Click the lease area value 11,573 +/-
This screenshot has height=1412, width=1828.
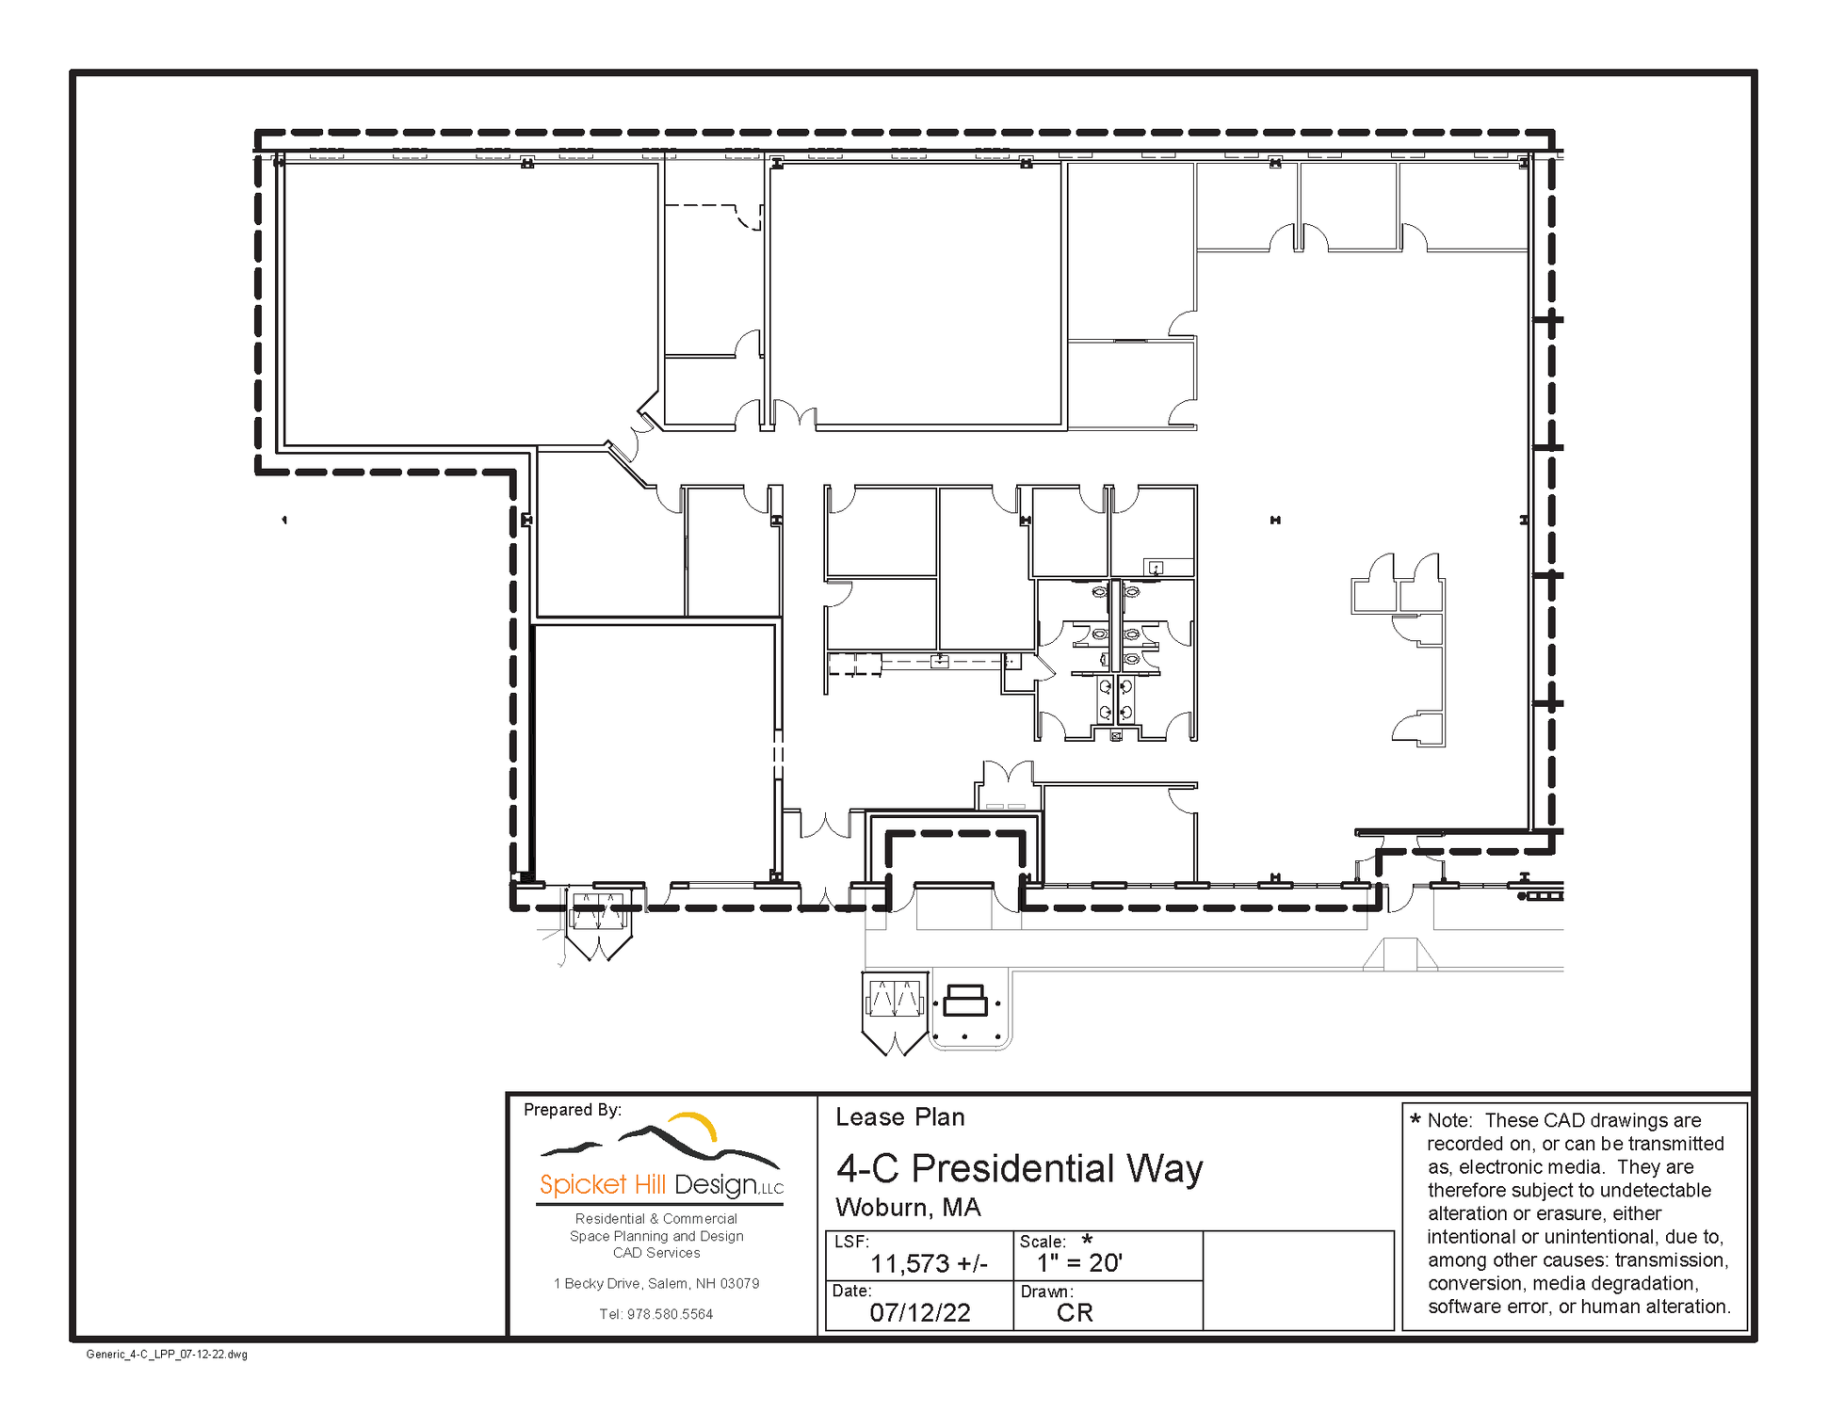929,1263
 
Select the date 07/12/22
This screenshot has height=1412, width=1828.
920,1312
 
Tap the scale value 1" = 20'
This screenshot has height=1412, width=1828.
1079,1262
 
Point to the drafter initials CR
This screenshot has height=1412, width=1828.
1075,1312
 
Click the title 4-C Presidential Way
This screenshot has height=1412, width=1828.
1020,1168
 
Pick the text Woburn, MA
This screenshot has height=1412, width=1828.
908,1207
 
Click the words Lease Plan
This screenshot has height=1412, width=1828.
900,1117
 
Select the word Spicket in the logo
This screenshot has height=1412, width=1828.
583,1184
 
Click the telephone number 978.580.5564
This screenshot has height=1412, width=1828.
670,1314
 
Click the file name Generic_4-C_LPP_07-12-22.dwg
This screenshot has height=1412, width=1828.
167,1355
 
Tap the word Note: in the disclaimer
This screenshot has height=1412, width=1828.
1448,1120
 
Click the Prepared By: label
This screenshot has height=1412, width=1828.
573,1110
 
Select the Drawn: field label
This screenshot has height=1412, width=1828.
1046,1292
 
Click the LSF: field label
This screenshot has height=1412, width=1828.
851,1242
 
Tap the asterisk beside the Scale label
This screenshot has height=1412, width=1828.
1087,1239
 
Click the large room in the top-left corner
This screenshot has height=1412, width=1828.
471,303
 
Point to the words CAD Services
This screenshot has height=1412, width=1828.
656,1253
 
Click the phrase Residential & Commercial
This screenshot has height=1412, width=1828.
656,1218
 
